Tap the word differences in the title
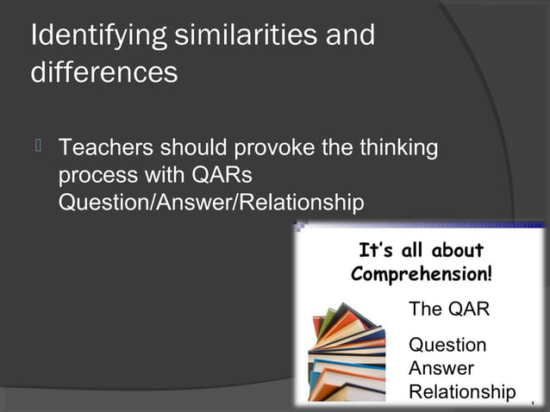pyautogui.click(x=104, y=72)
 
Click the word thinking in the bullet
pyautogui.click(x=397, y=148)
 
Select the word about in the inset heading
pyautogui.click(x=457, y=251)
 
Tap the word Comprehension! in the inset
pyautogui.click(x=422, y=275)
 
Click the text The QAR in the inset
pyautogui.click(x=448, y=309)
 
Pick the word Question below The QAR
pyautogui.click(x=447, y=346)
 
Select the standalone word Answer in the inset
pyautogui.click(x=441, y=369)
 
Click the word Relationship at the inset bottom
pyautogui.click(x=462, y=392)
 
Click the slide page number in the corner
pyautogui.click(x=534, y=403)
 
